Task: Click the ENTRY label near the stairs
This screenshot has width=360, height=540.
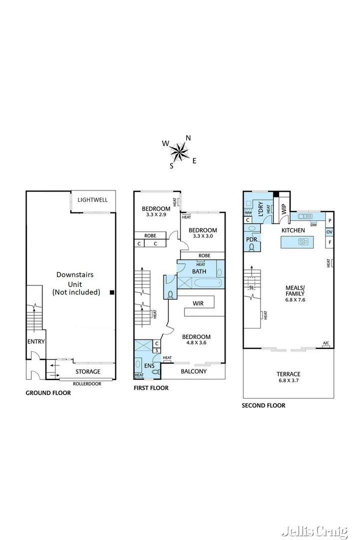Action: pyautogui.click(x=36, y=341)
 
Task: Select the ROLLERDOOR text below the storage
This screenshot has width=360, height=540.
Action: pyautogui.click(x=87, y=383)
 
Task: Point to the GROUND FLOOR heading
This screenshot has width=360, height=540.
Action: pyautogui.click(x=48, y=393)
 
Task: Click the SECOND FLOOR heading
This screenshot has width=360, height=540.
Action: pyautogui.click(x=263, y=405)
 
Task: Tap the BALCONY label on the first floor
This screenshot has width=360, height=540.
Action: pyautogui.click(x=193, y=371)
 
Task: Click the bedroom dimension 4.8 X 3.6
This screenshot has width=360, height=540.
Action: pyautogui.click(x=195, y=343)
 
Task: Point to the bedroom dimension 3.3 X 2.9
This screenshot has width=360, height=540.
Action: pyautogui.click(x=155, y=214)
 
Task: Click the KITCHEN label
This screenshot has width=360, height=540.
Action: pyautogui.click(x=293, y=230)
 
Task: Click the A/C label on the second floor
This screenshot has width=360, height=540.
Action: pyautogui.click(x=326, y=343)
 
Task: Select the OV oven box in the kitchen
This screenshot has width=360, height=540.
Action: pyautogui.click(x=329, y=232)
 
